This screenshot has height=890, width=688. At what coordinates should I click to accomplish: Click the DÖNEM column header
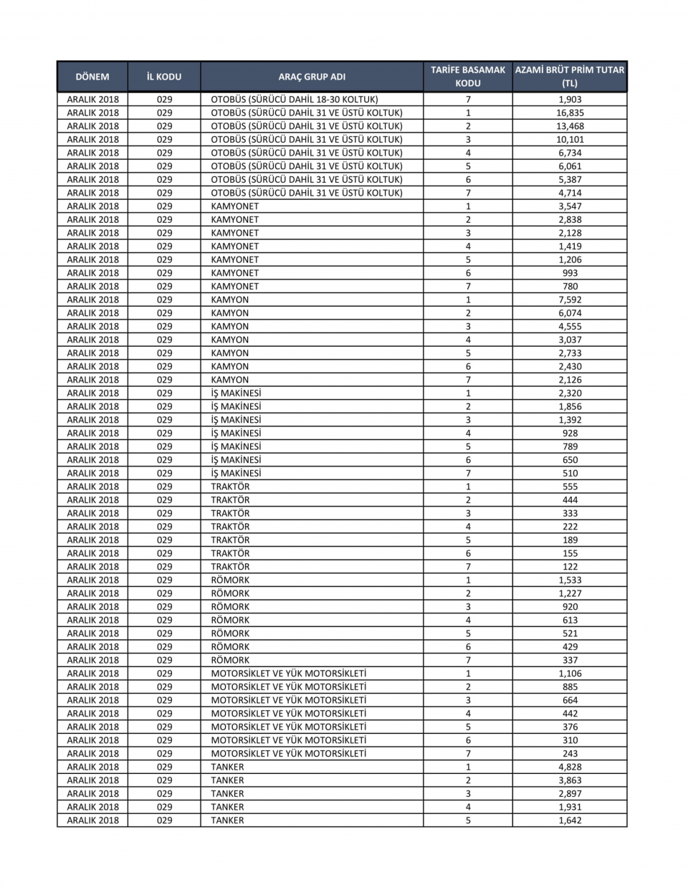click(92, 77)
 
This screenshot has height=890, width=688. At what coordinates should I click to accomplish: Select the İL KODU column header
click(164, 77)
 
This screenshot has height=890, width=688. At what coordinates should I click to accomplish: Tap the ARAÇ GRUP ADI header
click(312, 77)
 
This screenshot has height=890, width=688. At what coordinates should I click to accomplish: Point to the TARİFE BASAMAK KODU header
click(468, 77)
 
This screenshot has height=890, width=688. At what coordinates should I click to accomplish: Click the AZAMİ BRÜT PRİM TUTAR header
click(570, 77)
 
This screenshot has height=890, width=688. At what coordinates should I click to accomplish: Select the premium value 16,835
click(570, 113)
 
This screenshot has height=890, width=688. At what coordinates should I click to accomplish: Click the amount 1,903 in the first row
click(570, 100)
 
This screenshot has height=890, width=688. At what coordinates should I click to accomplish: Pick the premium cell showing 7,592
click(570, 300)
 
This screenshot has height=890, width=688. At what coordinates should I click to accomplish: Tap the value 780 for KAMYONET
click(570, 286)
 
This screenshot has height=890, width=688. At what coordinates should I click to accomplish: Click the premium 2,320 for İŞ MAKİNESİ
click(570, 393)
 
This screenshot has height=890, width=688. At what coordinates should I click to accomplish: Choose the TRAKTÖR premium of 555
click(570, 487)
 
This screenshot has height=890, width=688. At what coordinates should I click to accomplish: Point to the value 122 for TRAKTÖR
click(570, 566)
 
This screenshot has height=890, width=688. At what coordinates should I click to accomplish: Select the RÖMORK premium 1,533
click(570, 580)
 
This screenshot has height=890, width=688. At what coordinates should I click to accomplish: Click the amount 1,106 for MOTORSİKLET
click(570, 673)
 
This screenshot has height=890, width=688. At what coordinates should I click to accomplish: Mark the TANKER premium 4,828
click(570, 767)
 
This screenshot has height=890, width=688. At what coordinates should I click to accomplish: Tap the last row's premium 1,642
click(570, 820)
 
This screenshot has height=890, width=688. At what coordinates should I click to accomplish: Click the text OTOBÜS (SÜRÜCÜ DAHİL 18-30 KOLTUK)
click(295, 100)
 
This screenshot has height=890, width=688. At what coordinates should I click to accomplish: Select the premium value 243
click(570, 753)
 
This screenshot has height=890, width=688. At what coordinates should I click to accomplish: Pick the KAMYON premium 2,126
click(570, 380)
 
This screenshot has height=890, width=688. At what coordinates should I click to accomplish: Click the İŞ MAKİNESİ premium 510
click(570, 473)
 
